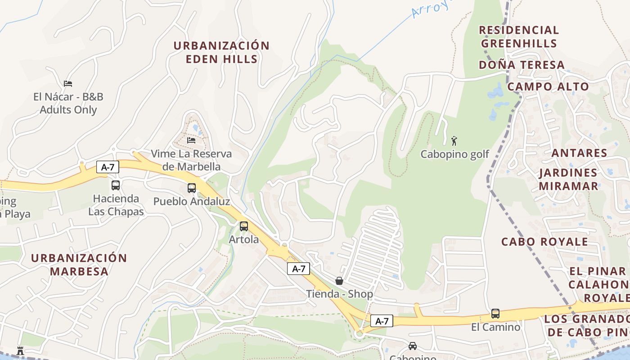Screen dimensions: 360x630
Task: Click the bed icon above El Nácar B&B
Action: pyautogui.click(x=68, y=83)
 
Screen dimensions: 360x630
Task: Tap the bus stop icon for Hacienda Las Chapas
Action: pyautogui.click(x=116, y=185)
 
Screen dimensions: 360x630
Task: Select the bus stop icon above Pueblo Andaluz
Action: pyautogui.click(x=192, y=188)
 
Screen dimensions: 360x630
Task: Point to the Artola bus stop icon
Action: pyautogui.click(x=244, y=226)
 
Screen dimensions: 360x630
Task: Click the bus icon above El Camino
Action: pyautogui.click(x=495, y=314)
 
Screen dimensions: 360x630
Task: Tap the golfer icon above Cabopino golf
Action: pyautogui.click(x=454, y=141)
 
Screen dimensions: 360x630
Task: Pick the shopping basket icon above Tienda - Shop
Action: pyautogui.click(x=339, y=281)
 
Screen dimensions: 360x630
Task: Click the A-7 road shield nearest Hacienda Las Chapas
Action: pyautogui.click(x=108, y=167)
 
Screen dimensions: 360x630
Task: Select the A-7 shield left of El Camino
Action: pyautogui.click(x=382, y=321)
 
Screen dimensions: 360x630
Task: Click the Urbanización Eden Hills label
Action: pyautogui.click(x=221, y=52)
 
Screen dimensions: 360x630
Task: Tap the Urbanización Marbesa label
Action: pyautogui.click(x=79, y=265)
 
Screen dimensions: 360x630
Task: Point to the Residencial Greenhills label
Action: pyautogui.click(x=519, y=36)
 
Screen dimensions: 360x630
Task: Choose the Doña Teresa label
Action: pyautogui.click(x=522, y=65)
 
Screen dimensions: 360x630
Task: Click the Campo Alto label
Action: pyautogui.click(x=548, y=86)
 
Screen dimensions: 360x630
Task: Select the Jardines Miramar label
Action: pyautogui.click(x=568, y=179)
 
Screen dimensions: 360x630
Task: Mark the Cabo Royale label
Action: pyautogui.click(x=544, y=242)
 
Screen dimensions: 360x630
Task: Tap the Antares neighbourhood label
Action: pyautogui.click(x=579, y=153)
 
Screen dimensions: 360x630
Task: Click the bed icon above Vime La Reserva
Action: pyautogui.click(x=191, y=140)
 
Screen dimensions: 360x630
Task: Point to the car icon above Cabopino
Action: pyautogui.click(x=412, y=346)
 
